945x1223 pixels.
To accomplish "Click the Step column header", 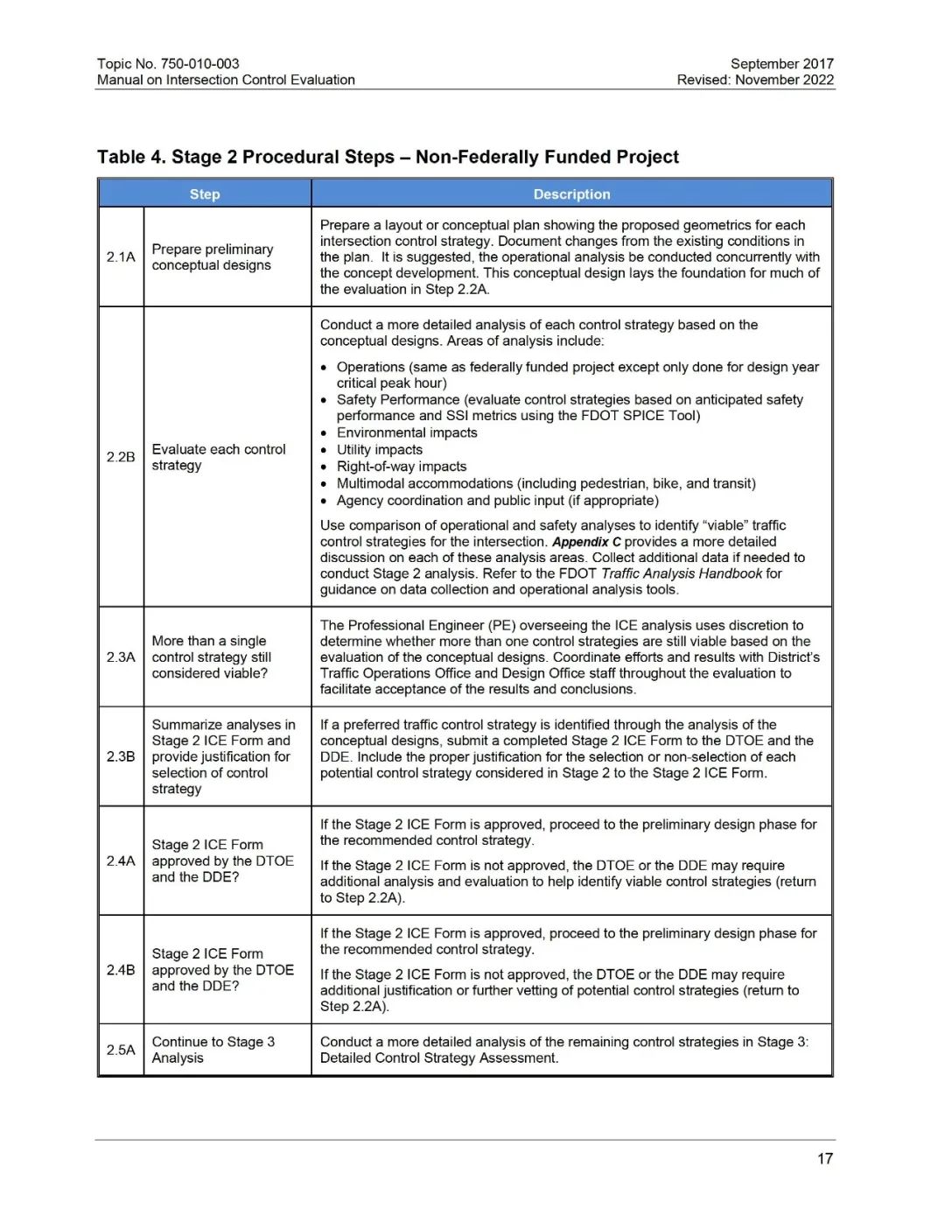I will (205, 194).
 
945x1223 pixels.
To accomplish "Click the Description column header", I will (571, 194).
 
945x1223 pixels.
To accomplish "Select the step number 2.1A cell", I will (121, 257).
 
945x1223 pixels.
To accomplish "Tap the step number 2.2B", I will (121, 457).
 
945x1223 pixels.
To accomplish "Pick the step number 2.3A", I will (121, 657).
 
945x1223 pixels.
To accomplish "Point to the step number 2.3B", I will (121, 756).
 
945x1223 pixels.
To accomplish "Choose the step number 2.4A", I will (121, 861).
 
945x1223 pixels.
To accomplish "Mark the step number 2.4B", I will (121, 970).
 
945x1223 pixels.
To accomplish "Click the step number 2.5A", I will (121, 1050).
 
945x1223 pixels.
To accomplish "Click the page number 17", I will (824, 1158).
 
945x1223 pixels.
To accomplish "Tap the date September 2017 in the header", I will (781, 64).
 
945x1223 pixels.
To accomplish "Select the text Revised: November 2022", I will (755, 80).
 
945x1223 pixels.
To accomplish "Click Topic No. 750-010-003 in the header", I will (168, 64).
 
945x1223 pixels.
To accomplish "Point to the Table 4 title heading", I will (388, 158).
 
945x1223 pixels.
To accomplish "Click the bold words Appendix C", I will (586, 542).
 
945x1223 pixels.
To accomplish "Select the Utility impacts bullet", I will (379, 450).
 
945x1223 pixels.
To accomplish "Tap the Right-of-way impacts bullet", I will (401, 467).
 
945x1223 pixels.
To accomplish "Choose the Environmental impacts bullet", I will (407, 432).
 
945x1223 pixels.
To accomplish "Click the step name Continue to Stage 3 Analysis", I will (213, 1050).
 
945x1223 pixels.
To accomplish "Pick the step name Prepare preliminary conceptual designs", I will (212, 257).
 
